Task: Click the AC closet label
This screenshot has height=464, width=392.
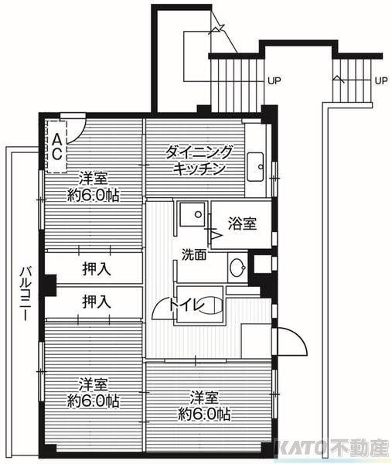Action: click(x=57, y=144)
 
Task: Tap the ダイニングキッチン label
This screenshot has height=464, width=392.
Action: click(x=199, y=159)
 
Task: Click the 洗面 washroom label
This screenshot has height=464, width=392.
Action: click(x=194, y=254)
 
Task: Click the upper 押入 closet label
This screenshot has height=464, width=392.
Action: click(x=96, y=269)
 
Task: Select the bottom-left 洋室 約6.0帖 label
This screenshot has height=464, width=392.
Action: click(x=93, y=393)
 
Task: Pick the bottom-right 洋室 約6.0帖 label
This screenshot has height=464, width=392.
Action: click(x=203, y=405)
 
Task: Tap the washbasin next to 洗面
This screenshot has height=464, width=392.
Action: click(x=238, y=269)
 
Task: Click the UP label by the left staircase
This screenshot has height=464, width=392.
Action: click(x=274, y=80)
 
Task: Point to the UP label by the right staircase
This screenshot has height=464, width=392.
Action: click(x=380, y=80)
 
